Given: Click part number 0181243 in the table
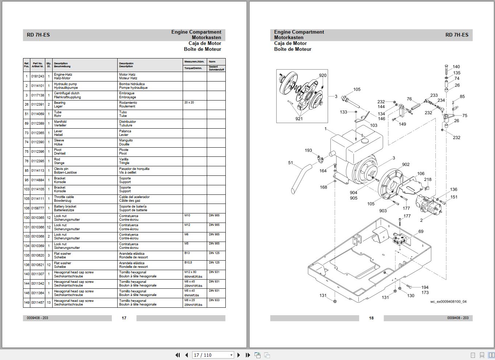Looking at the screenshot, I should (37, 76).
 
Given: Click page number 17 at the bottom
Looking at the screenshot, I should (124, 318).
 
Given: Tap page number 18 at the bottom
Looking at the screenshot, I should (371, 318).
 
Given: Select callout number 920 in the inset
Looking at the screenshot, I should (323, 76).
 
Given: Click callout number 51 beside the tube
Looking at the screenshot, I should (290, 163).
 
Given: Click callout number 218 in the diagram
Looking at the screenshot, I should (428, 179).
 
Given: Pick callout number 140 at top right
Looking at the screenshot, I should (456, 67).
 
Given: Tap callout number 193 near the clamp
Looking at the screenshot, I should (308, 151).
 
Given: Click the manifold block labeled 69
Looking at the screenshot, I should (399, 239).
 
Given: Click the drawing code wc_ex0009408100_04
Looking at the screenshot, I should (448, 302).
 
